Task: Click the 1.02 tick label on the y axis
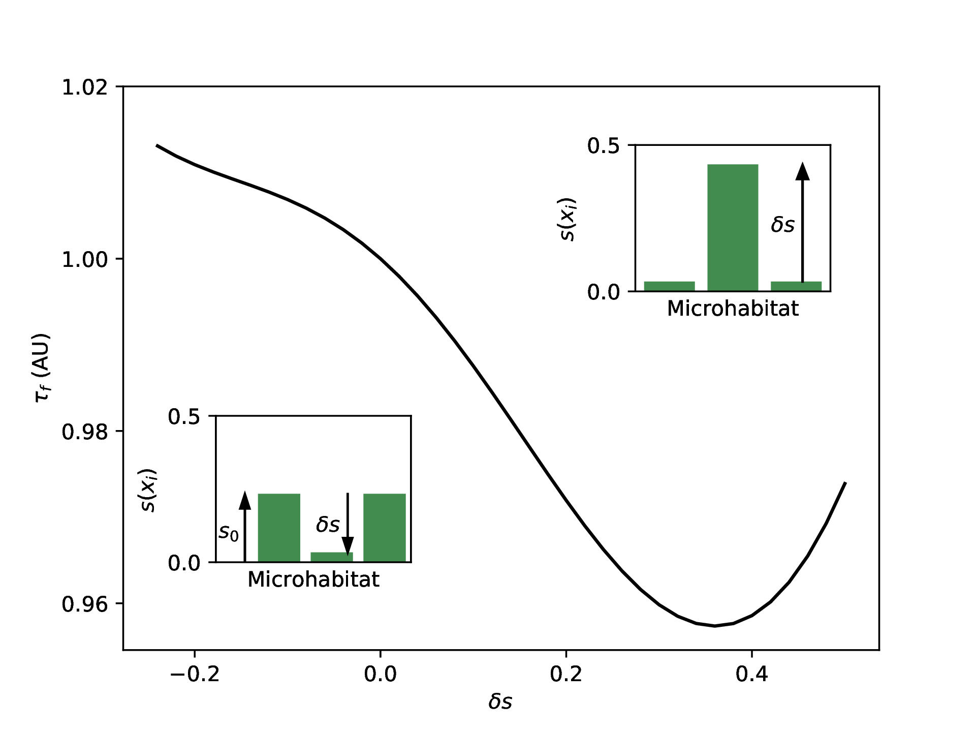pos(85,87)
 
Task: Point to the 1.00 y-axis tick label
pos(85,260)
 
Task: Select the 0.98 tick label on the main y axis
pos(85,432)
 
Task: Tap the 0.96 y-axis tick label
pos(85,604)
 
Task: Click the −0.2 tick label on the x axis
pos(195,674)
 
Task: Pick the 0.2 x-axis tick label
pos(566,674)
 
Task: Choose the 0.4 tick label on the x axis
pos(751,674)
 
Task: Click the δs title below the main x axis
pos(500,702)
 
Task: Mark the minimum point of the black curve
pos(714,625)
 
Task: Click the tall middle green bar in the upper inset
pos(733,227)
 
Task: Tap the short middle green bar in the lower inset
pos(331,557)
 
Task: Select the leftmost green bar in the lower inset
pos(279,528)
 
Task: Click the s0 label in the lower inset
pos(228,532)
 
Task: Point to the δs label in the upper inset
pos(782,224)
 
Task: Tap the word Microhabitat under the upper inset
pos(733,309)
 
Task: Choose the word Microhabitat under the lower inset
pos(313,580)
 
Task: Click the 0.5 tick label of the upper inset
pos(604,146)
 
